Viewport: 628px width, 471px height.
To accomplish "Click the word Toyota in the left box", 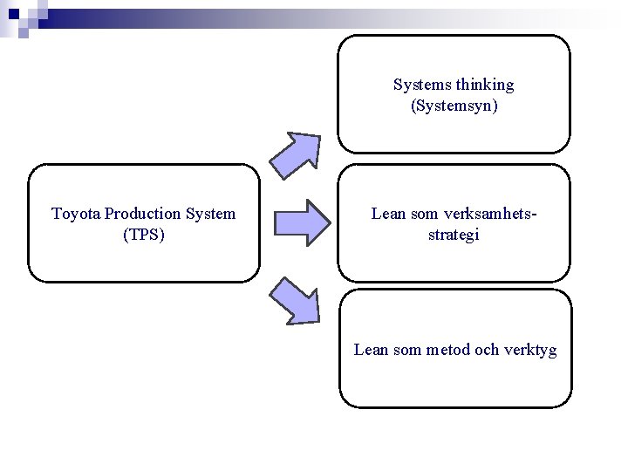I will (x=76, y=214).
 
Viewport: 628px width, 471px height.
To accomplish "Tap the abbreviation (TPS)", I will (x=144, y=235).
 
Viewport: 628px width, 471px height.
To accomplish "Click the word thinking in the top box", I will (x=485, y=85).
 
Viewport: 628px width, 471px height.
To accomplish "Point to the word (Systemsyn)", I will (x=454, y=106).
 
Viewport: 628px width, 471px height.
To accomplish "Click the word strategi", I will (x=454, y=235).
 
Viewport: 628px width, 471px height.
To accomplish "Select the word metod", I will (x=448, y=350).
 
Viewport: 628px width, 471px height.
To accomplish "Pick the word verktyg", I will (x=529, y=350).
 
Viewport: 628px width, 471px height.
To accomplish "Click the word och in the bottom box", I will (x=488, y=350).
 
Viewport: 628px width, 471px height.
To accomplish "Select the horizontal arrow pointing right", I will (x=303, y=222).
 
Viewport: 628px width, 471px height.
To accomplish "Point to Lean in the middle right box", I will (x=387, y=214).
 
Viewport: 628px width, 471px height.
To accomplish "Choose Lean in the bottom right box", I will (x=370, y=350).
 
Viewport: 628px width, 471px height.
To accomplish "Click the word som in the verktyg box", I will (x=406, y=350).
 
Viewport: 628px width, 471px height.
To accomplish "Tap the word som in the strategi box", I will (x=424, y=214).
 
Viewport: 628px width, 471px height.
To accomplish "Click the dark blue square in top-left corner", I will (x=13, y=13).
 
